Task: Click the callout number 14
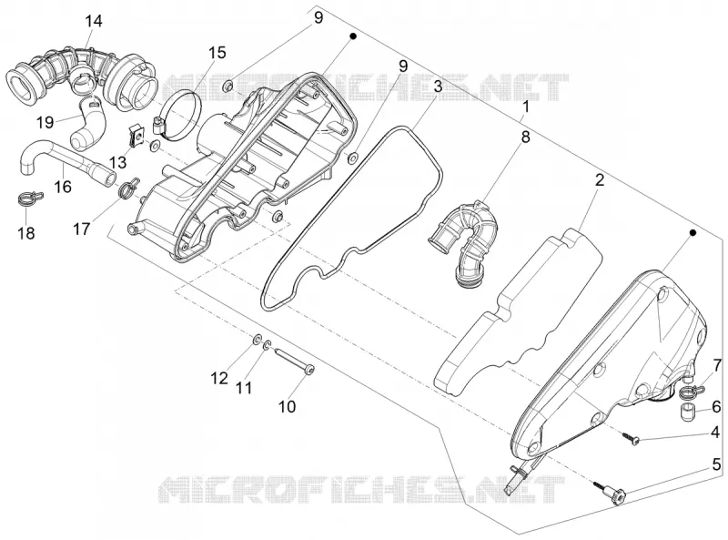pyautogui.click(x=93, y=21)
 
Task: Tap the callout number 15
pyautogui.click(x=217, y=53)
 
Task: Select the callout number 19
pyautogui.click(x=45, y=123)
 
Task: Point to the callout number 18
pyautogui.click(x=26, y=232)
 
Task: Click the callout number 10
pyautogui.click(x=287, y=407)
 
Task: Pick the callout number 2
pyautogui.click(x=600, y=179)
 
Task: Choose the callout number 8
pyautogui.click(x=525, y=138)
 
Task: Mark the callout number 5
pyautogui.click(x=716, y=464)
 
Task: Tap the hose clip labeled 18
pyautogui.click(x=31, y=199)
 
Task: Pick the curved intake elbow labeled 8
pyautogui.click(x=464, y=237)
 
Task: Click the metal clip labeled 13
pyautogui.click(x=136, y=137)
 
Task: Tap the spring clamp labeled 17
pyautogui.click(x=129, y=188)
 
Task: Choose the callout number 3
pyautogui.click(x=438, y=87)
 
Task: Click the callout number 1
pyautogui.click(x=526, y=107)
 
